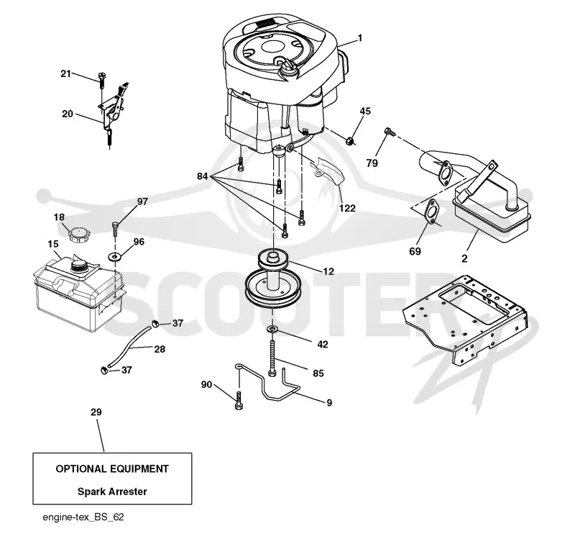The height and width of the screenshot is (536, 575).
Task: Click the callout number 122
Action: tap(347, 208)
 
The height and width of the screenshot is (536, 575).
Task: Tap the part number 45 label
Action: tap(365, 111)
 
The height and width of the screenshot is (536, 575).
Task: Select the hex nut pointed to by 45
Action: tap(351, 140)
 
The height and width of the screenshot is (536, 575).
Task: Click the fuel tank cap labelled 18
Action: tap(79, 235)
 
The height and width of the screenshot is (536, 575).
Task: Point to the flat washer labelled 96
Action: tap(115, 255)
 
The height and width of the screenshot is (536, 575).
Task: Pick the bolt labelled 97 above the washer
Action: tap(115, 230)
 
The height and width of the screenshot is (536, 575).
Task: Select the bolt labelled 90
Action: tap(239, 401)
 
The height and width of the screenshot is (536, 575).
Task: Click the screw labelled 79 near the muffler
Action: tap(388, 132)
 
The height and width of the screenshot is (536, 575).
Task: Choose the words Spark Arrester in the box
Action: tap(112, 491)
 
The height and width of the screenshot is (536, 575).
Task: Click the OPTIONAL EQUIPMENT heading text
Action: tap(112, 469)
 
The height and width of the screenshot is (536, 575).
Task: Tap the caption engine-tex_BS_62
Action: tap(83, 517)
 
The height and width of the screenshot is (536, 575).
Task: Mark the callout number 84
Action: tap(203, 176)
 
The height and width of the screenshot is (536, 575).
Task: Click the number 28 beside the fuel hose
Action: tap(160, 349)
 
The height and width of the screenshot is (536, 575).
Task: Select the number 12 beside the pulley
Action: tap(328, 271)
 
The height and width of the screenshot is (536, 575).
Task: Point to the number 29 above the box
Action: tap(96, 412)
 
